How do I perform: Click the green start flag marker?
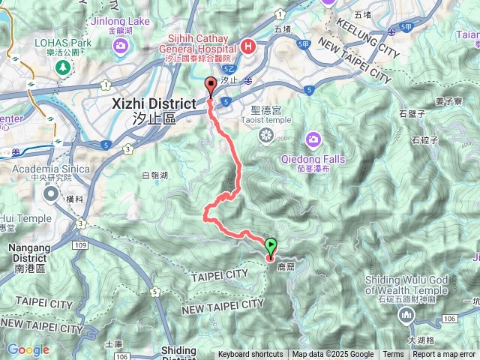pos(271,244)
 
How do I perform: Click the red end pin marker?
pos(211,85)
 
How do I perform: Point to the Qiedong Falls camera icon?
pos(313,139)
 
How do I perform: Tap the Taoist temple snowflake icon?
pos(265,135)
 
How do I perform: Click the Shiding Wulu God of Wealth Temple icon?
pos(406,315)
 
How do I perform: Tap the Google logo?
pos(28,349)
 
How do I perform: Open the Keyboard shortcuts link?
pos(250,355)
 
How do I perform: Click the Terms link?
pos(393,355)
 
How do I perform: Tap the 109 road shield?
pos(82,246)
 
